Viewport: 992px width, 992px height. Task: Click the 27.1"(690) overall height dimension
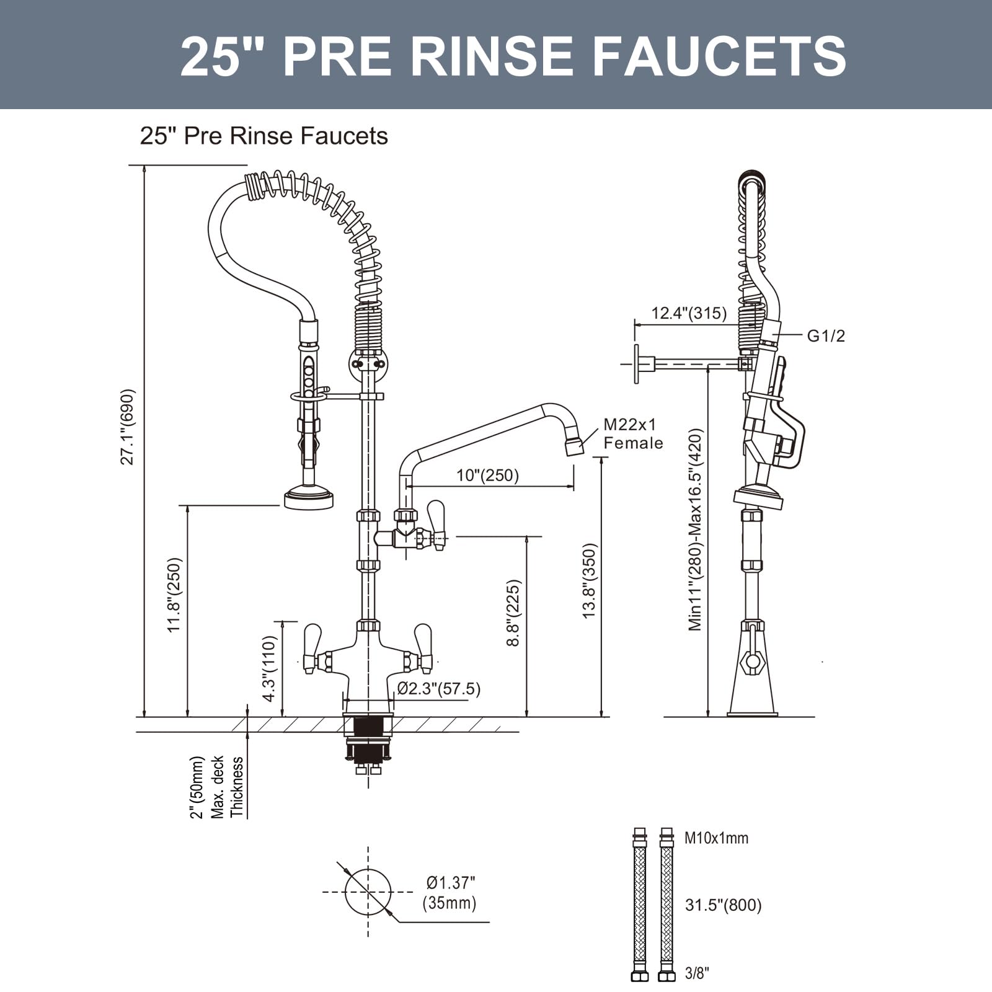coord(127,427)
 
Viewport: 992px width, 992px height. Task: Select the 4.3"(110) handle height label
coord(268,668)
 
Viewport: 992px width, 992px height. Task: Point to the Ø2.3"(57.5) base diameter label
coord(438,688)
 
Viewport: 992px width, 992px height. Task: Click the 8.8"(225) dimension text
coord(513,613)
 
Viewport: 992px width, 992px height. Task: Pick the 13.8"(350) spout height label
coord(588,580)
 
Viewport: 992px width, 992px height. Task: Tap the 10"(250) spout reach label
coord(487,476)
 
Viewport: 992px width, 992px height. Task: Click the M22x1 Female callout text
coord(632,433)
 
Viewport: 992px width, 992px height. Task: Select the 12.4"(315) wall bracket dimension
coord(688,313)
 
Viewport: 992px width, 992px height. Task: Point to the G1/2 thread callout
coord(825,336)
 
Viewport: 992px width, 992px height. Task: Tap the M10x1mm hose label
coord(716,838)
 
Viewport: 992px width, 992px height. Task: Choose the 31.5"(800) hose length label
coord(722,905)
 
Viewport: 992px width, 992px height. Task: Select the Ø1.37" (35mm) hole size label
coord(451,892)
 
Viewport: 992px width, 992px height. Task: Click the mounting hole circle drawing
coord(368,892)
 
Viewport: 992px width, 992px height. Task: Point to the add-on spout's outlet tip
coord(574,446)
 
